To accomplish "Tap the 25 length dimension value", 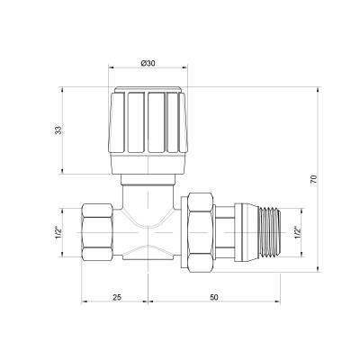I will click(117, 296).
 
